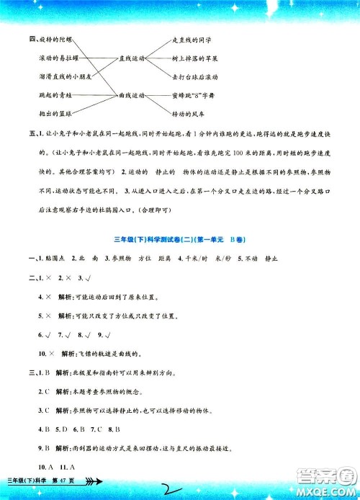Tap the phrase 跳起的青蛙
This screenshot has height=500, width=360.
click(x=50, y=94)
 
